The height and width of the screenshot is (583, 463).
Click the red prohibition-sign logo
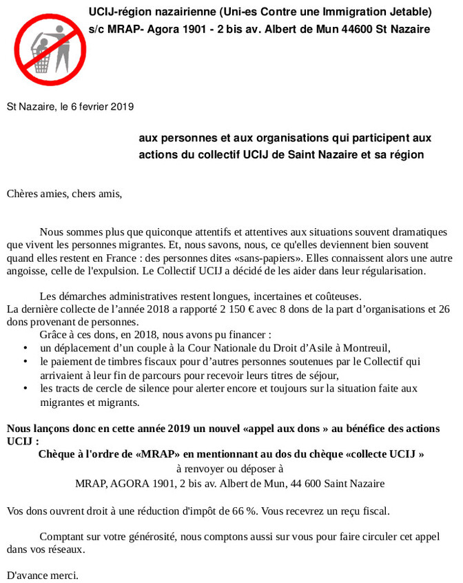[x=43, y=42]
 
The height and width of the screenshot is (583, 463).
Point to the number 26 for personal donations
[x=444, y=309]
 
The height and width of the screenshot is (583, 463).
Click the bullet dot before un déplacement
[x=25, y=348]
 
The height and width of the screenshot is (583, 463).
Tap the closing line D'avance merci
[x=43, y=574]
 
